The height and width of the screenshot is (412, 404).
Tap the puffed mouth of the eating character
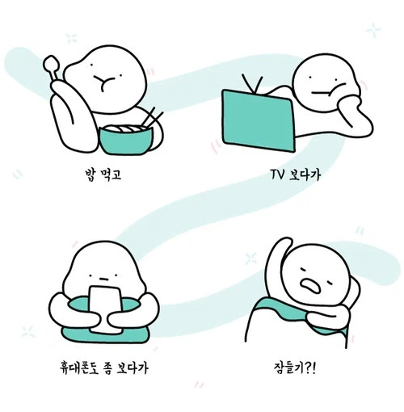click(x=103, y=80)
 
